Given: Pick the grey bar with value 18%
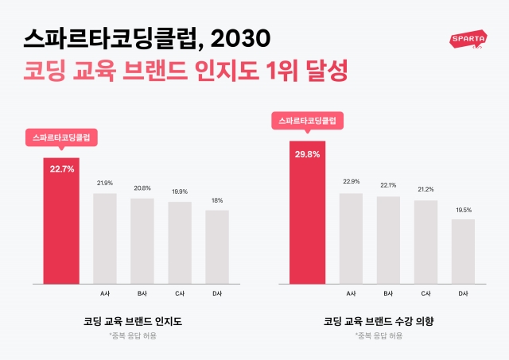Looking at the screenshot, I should [x=217, y=246].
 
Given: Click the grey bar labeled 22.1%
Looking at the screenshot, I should [x=388, y=239].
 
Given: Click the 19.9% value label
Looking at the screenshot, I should [x=180, y=192].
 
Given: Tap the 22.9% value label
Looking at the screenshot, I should [x=351, y=182].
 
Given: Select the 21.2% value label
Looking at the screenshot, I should [x=425, y=189].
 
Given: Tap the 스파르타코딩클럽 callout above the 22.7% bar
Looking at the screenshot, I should [x=61, y=137].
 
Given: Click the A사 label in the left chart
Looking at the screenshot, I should [x=105, y=293].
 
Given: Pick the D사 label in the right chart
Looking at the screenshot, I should [x=463, y=293].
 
